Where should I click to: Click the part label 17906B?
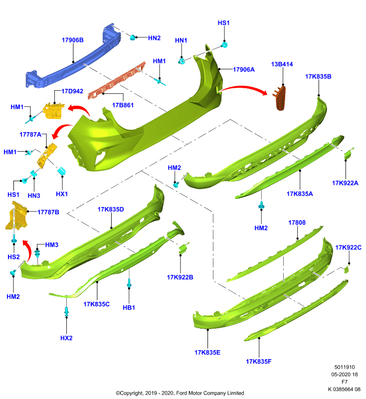(72, 40)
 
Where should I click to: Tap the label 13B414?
(282, 64)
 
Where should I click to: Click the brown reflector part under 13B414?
(280, 98)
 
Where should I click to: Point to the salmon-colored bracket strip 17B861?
(117, 80)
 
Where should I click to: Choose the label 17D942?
(72, 91)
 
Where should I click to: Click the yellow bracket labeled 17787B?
(16, 215)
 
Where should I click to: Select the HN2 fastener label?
(154, 38)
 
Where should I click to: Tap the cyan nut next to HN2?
(133, 37)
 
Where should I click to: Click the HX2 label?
(66, 338)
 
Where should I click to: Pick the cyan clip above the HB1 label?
(129, 283)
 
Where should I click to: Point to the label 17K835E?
(207, 353)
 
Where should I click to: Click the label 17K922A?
(345, 183)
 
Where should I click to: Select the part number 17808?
(297, 222)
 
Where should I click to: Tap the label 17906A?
(244, 69)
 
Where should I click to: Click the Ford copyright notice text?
(180, 393)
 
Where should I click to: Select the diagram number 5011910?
(345, 367)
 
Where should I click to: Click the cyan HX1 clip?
(62, 171)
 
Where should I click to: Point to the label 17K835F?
(259, 361)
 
